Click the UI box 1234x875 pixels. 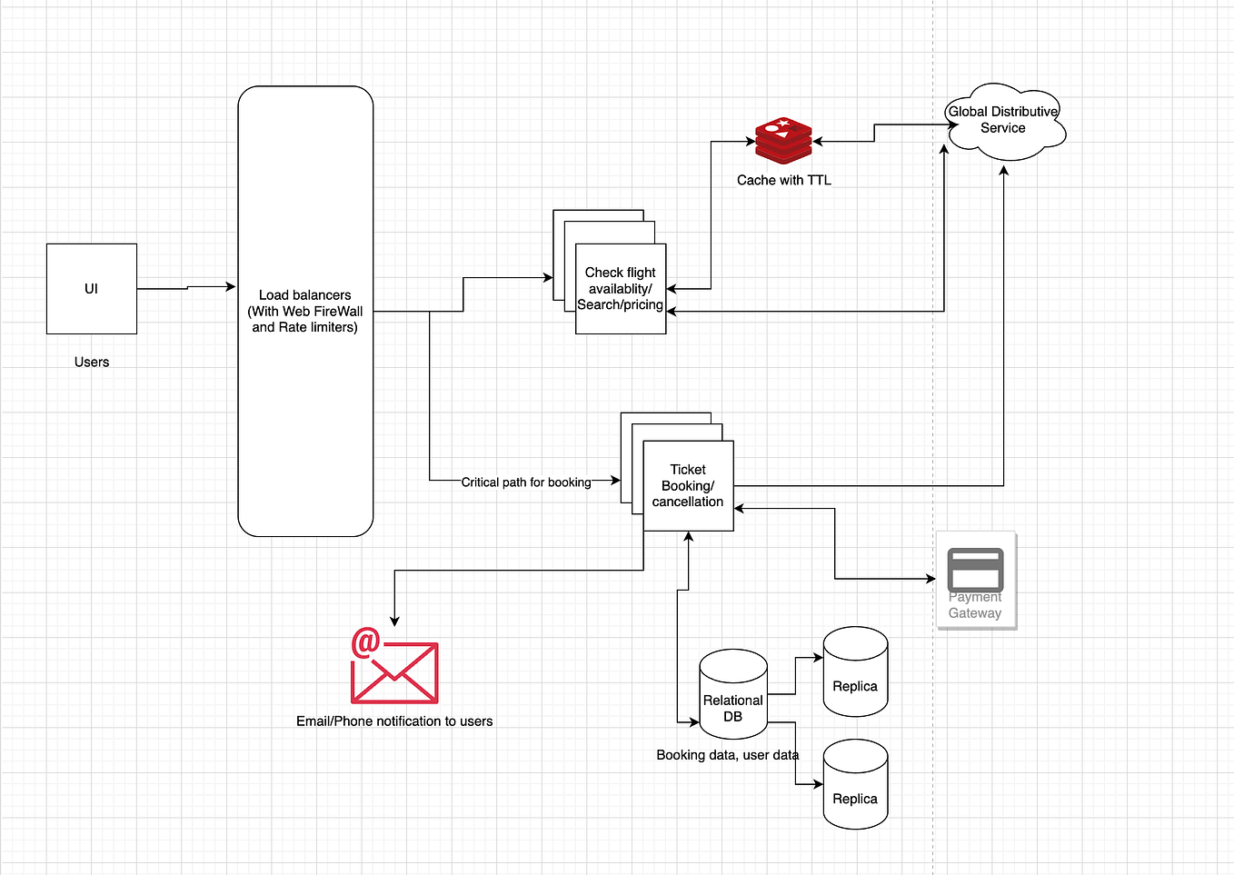[91, 288]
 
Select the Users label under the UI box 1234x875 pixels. [91, 362]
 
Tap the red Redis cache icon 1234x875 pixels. [783, 141]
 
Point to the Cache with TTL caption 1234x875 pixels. [783, 180]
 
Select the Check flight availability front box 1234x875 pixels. [621, 288]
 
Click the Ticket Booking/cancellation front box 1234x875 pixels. [688, 485]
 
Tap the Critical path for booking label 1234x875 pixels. [525, 482]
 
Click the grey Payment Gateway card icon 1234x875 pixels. [975, 571]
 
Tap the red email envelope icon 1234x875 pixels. [395, 673]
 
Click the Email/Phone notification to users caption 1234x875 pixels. [394, 721]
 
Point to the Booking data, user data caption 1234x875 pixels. [727, 754]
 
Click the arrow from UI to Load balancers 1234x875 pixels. [186, 288]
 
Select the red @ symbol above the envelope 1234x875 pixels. [365, 641]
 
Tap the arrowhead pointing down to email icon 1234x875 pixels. [394, 621]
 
